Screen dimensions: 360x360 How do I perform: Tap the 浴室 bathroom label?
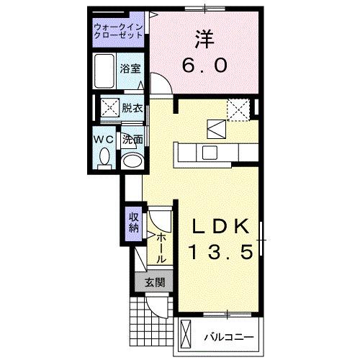click(130, 71)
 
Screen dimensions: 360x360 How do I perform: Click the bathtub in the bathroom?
click(107, 70)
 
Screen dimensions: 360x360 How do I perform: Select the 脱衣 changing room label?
click(132, 109)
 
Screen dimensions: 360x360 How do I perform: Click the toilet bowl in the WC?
click(104, 156)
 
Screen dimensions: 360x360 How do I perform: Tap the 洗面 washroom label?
click(131, 140)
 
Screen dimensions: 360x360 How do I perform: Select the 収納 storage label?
click(133, 223)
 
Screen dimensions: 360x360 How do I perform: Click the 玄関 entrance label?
click(153, 282)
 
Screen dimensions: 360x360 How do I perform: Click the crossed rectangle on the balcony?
click(186, 336)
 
